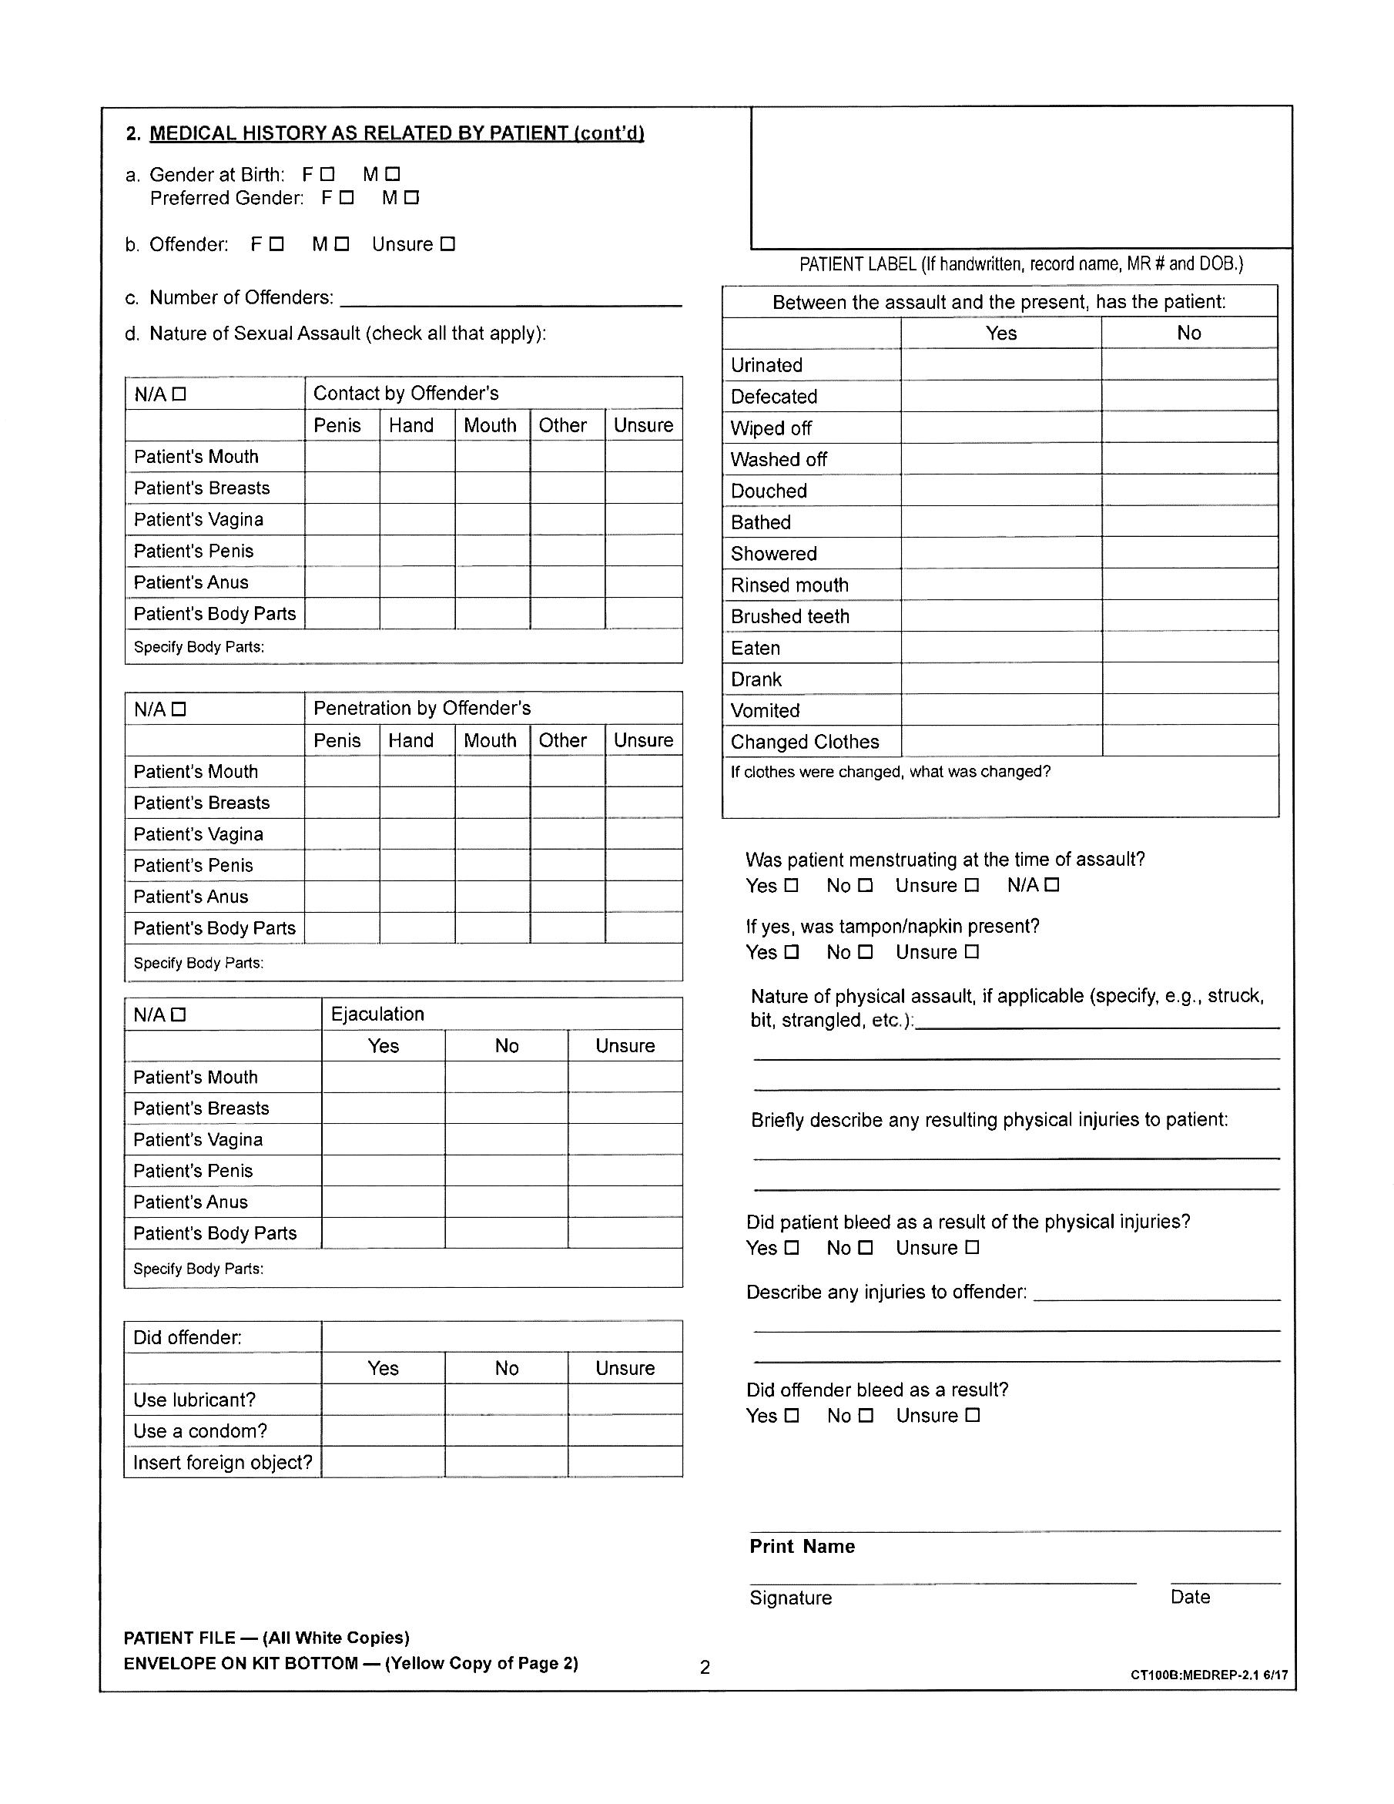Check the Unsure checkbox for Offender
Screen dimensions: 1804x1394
(447, 244)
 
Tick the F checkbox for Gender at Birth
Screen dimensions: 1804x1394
(328, 174)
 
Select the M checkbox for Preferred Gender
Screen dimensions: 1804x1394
(412, 197)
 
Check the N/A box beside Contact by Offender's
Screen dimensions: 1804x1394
(179, 394)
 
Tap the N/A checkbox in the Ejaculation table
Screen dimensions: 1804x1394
(179, 1014)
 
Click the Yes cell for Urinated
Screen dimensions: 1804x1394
(1000, 364)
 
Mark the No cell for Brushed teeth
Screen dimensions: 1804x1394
(1188, 616)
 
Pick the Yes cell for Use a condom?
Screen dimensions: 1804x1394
(384, 1430)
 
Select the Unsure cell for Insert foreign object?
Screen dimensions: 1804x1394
(625, 1462)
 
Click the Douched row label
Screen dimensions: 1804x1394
(768, 491)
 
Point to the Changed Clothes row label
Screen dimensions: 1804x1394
(804, 742)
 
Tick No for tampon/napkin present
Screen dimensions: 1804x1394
(865, 951)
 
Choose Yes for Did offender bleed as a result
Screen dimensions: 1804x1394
(791, 1415)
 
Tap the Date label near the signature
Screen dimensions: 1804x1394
(1189, 1597)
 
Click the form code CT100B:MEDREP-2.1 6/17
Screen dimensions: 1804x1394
(1208, 1675)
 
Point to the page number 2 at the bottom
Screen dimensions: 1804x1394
(705, 1667)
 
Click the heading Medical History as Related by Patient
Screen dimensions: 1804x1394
(397, 133)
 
